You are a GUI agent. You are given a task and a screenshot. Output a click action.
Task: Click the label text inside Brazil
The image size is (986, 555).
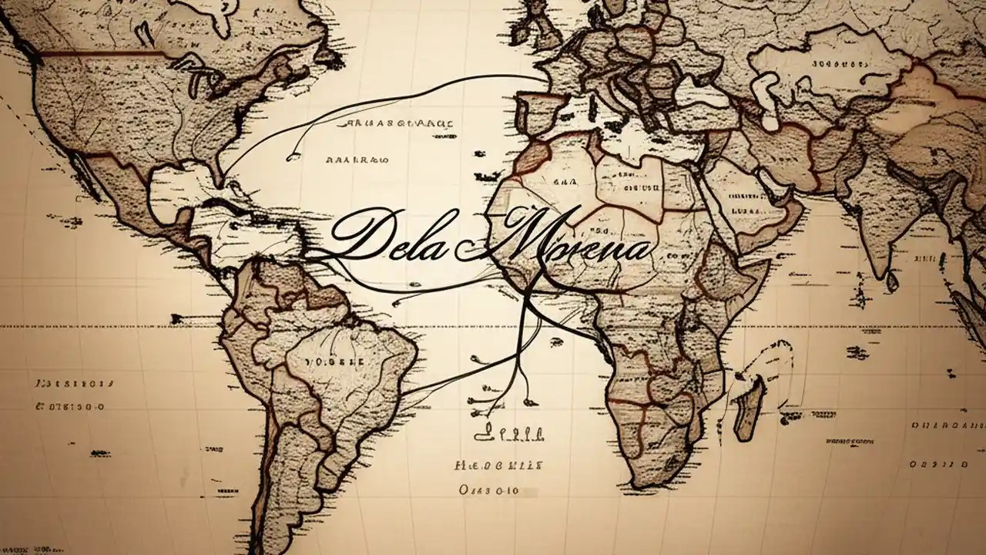click(334, 361)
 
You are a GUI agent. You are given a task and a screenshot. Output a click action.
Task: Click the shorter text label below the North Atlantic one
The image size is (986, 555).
click(357, 160)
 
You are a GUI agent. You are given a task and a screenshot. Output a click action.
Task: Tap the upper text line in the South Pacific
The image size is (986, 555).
click(73, 382)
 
